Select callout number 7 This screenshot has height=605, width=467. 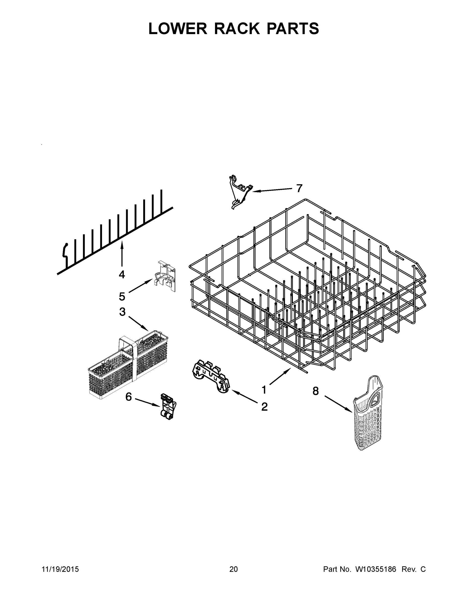pos(299,188)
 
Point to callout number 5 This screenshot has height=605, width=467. pos(122,296)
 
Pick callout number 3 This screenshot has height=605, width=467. pos(122,312)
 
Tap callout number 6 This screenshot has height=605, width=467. pos(129,397)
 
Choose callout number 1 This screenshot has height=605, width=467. pos(264,390)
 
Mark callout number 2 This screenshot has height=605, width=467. pos(265,407)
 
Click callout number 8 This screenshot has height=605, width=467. pos(316,391)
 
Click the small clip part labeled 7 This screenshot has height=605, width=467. pos(240,191)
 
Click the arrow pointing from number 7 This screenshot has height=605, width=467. pos(272,190)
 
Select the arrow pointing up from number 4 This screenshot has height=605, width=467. pos(122,253)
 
